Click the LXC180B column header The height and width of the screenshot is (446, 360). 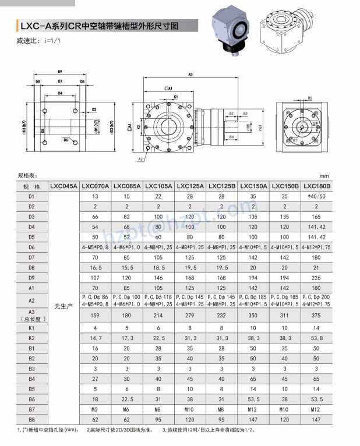coord(316,186)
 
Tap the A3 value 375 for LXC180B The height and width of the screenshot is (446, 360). coord(316,315)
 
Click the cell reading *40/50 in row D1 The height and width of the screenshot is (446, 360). coord(316,196)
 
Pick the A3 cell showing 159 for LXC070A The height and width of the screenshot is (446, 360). coord(95,315)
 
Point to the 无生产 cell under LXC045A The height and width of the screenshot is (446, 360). coord(63,306)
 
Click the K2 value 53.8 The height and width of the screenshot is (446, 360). coord(316,338)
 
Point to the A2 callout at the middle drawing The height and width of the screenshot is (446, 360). coord(140,158)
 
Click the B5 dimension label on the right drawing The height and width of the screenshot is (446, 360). coord(309,98)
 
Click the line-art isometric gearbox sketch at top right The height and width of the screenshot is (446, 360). coord(287,27)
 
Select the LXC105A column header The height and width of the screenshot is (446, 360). coord(158,186)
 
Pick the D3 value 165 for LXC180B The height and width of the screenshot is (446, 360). coord(316,217)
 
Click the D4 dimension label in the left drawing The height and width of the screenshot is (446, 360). coord(60,93)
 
